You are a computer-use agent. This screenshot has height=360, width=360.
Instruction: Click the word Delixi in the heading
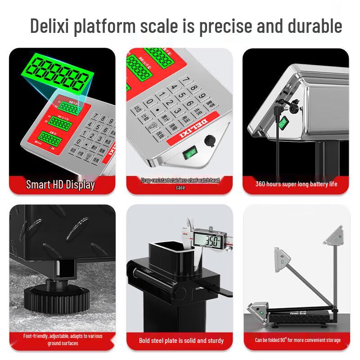coord(49,26)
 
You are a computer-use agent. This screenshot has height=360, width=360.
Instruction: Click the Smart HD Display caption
coord(60,184)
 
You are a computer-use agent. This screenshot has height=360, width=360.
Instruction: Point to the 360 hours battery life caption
coord(296,184)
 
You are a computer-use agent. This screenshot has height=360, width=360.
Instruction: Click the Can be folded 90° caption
coord(297,340)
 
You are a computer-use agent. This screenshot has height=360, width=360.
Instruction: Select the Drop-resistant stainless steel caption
coord(180,184)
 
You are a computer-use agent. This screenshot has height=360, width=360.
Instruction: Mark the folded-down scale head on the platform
coord(258,310)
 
